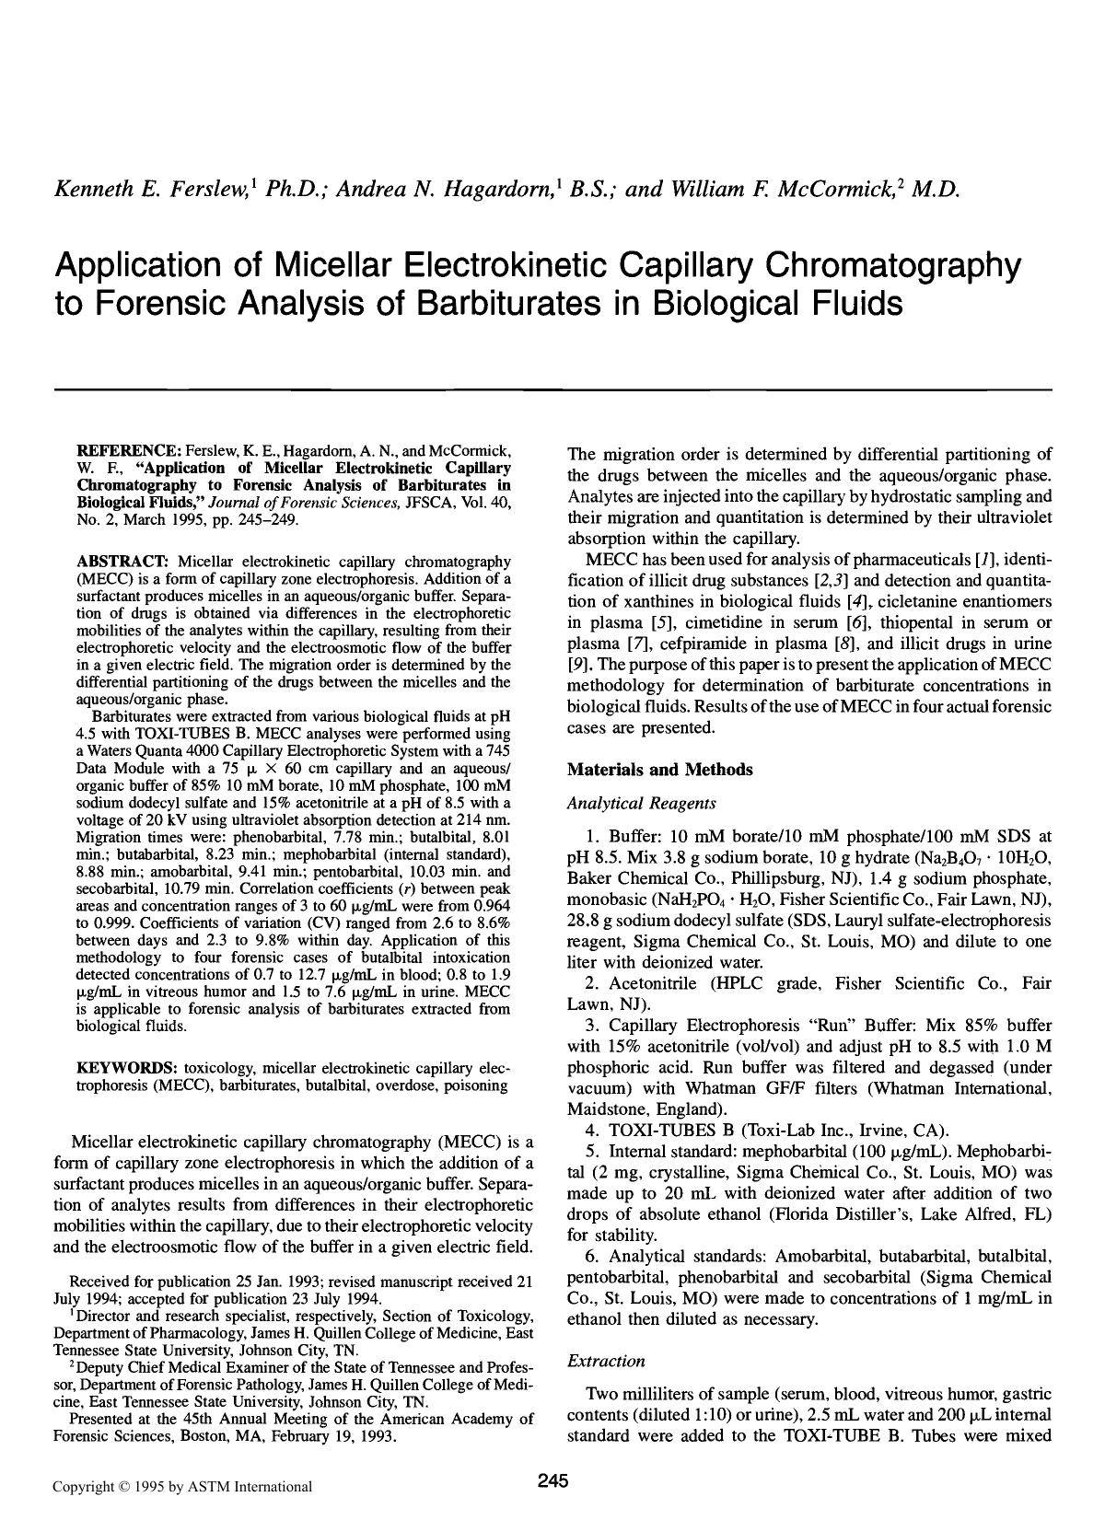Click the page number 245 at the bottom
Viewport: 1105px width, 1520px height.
click(552, 1480)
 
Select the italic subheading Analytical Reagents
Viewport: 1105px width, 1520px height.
click(641, 804)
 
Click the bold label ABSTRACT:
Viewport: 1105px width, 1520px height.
click(122, 561)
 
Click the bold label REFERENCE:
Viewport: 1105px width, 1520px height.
click(128, 451)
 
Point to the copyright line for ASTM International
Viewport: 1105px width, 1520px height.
click(181, 1486)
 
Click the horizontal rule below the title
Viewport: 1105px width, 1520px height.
click(552, 389)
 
